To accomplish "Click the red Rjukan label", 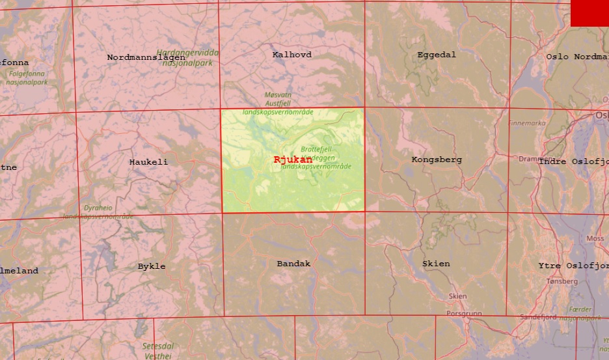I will pyautogui.click(x=293, y=159).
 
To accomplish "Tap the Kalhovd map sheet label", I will pyautogui.click(x=291, y=55).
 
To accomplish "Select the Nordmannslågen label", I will pyautogui.click(x=146, y=57).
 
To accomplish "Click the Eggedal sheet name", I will pyautogui.click(x=437, y=55).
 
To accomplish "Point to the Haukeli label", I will pyautogui.click(x=148, y=162).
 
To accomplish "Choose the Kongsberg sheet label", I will pyautogui.click(x=437, y=159).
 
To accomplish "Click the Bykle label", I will pyautogui.click(x=152, y=266).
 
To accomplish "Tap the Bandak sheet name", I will pyautogui.click(x=293, y=264).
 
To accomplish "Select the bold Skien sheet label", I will pyautogui.click(x=436, y=264).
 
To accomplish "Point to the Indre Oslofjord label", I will pyautogui.click(x=573, y=161).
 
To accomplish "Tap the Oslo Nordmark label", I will pyautogui.click(x=576, y=57).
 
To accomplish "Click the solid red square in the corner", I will pyautogui.click(x=589, y=13).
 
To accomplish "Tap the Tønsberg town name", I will pyautogui.click(x=562, y=281).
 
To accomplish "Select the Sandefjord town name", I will pyautogui.click(x=538, y=317).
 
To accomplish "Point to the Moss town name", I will pyautogui.click(x=595, y=239).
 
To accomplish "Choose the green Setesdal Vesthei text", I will pyautogui.click(x=158, y=351).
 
